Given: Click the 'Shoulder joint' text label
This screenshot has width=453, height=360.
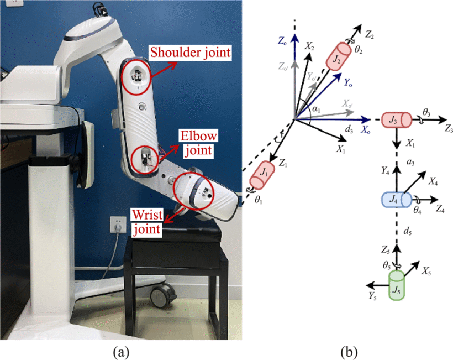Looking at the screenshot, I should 191,53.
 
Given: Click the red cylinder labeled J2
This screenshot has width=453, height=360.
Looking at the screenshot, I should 338,57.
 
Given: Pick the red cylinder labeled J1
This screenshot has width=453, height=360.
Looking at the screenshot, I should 259,177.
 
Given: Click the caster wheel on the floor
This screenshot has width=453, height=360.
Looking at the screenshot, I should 161,298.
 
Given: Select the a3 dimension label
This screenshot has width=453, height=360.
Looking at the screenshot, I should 410,161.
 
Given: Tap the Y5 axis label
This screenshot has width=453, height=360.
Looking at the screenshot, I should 374,296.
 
